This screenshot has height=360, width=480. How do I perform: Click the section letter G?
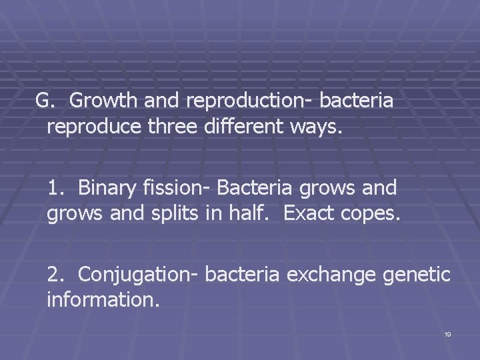click(x=44, y=101)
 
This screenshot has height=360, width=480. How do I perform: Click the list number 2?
click(x=55, y=275)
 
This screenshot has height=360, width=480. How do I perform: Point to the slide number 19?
click(x=447, y=334)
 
